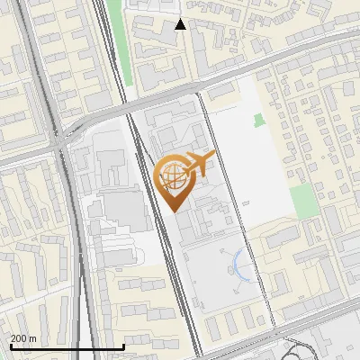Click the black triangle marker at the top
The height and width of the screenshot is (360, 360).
(180, 24)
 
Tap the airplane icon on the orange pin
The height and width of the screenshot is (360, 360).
(199, 165)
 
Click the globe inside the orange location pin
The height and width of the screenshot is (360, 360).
(174, 176)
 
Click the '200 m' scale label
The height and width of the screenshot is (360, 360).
(23, 338)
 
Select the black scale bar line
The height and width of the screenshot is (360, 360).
(67, 347)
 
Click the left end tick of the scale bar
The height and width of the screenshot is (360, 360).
(11, 346)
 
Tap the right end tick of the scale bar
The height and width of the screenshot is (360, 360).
(123, 346)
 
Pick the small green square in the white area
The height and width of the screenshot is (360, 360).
(260, 120)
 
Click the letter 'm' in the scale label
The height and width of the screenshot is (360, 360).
(32, 338)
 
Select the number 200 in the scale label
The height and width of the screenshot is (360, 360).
(18, 338)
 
